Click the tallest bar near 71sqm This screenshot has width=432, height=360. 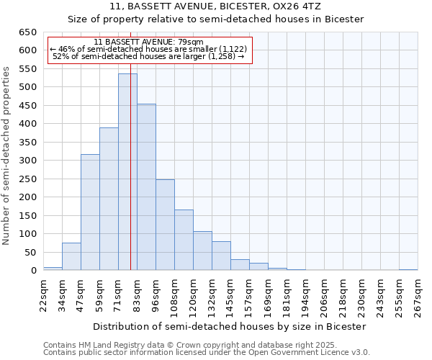[127, 172]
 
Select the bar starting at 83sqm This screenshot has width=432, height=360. [146, 187]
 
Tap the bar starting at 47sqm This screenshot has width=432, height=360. [90, 212]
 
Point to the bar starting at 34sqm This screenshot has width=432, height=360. [71, 256]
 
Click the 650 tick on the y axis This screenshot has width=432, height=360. [27, 32]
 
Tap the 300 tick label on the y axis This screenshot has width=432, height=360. [27, 161]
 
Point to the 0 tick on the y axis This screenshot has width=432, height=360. [33, 271]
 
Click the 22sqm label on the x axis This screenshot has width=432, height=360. [44, 293]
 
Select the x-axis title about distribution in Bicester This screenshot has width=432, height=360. [230, 326]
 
